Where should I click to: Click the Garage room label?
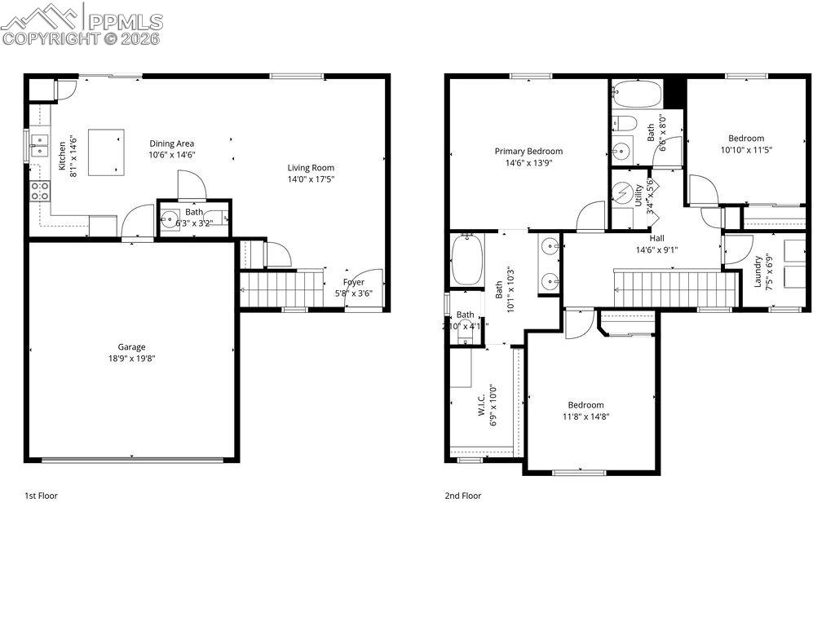coord(131,346)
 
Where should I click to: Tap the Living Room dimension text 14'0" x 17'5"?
coord(311,179)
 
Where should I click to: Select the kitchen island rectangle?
coord(107,152)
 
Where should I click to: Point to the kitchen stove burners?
coord(40,192)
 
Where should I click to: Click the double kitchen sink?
coord(38,148)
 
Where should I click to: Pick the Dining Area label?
coord(171,143)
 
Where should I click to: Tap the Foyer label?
coord(353,282)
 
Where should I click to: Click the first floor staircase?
coord(281,288)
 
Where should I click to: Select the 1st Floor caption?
coord(41,496)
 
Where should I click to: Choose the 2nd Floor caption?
coord(462,496)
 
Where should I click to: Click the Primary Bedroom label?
coord(528,151)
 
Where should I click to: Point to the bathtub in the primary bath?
coord(467,259)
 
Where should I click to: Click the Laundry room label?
coord(758,271)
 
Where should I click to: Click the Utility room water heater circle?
coord(626,194)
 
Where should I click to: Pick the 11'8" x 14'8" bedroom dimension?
coord(586,417)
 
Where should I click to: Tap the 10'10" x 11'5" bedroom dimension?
coord(746,149)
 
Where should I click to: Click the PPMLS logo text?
coord(125,21)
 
